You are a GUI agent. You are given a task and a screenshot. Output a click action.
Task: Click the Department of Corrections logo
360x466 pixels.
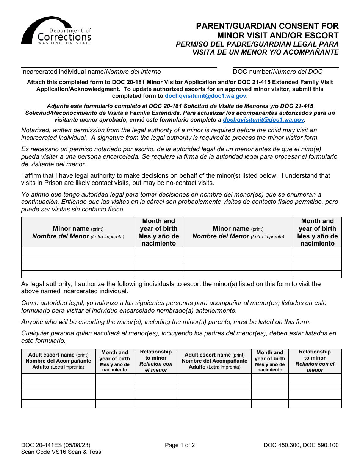(x=56, y=31)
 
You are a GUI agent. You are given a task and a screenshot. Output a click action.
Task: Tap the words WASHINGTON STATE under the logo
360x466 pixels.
(x=64, y=43)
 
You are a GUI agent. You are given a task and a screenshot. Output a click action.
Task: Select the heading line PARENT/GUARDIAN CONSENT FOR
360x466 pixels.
(x=267, y=26)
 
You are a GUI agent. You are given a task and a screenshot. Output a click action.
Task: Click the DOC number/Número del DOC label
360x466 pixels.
(x=278, y=72)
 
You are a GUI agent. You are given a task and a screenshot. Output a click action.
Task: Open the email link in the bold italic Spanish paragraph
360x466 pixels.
(x=263, y=120)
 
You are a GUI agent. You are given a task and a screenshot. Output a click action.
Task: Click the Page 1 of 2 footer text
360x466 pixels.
(x=180, y=445)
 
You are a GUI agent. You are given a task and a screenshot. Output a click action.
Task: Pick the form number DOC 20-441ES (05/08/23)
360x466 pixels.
(x=56, y=445)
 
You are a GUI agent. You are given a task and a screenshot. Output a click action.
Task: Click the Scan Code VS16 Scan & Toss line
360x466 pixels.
(x=61, y=452)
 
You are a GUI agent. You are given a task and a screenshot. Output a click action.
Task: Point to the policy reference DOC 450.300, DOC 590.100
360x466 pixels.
(x=301, y=445)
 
